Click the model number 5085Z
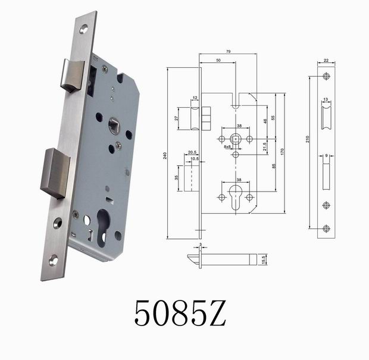click(180, 312)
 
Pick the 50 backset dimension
click(218, 61)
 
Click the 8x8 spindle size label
click(228, 154)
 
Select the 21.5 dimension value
click(264, 147)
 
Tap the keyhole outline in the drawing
click(236, 196)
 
